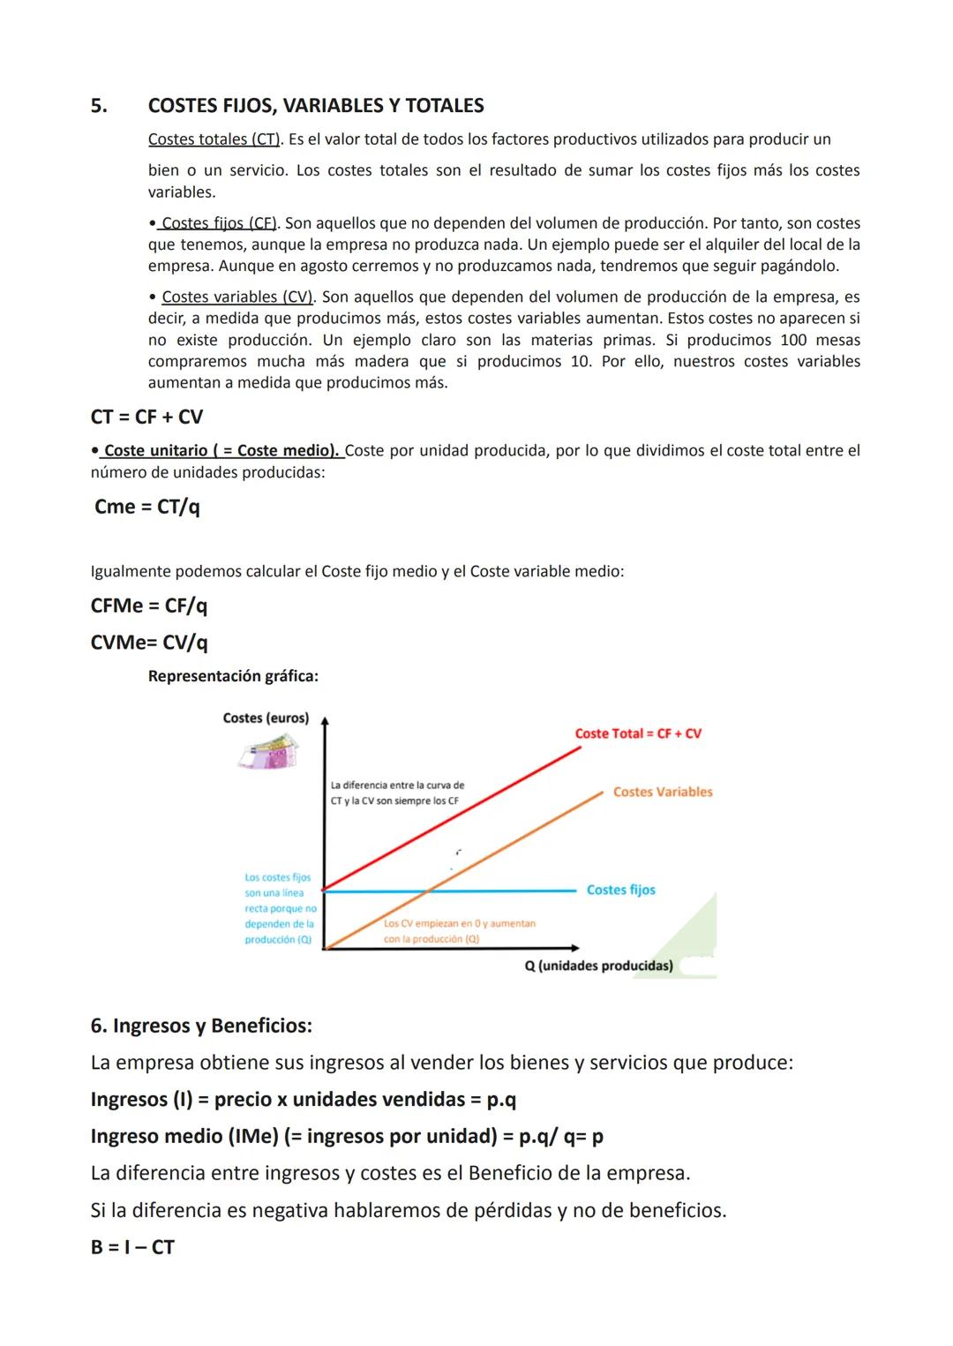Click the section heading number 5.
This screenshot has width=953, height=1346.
tap(99, 106)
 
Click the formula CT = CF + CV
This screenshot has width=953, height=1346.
tap(146, 417)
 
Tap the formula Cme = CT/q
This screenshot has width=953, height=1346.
tap(146, 507)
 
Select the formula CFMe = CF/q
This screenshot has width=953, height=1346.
tap(148, 605)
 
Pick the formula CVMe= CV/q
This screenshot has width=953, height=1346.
tap(149, 642)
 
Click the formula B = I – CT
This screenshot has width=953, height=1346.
tap(132, 1246)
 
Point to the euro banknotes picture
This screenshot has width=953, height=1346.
tap(268, 753)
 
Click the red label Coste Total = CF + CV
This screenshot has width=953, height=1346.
tap(638, 733)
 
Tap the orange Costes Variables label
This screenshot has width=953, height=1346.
tap(663, 792)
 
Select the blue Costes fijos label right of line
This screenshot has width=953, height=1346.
tap(621, 890)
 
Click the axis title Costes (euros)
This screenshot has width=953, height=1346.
tap(266, 718)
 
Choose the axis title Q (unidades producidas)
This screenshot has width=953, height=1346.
tap(598, 966)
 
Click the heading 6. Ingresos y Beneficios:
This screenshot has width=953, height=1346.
tap(201, 1026)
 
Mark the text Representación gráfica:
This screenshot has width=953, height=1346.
tap(233, 676)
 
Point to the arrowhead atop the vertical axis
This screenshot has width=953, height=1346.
tap(325, 721)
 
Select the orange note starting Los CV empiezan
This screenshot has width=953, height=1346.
tap(459, 931)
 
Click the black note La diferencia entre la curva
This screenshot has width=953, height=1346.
tap(397, 793)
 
